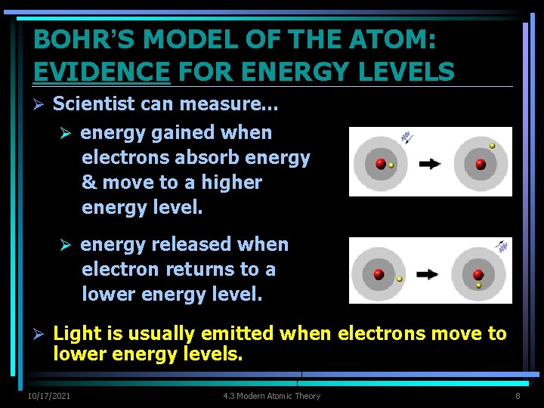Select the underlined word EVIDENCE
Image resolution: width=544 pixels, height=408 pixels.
[101, 71]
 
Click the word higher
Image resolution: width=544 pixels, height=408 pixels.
[226, 183]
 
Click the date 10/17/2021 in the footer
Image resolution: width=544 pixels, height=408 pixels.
[49, 396]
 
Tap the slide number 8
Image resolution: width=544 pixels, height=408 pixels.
[518, 396]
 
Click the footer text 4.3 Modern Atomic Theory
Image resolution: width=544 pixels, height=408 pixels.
[271, 396]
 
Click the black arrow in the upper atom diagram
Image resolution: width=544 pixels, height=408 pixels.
[431, 162]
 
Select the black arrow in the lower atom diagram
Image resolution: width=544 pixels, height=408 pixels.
[428, 274]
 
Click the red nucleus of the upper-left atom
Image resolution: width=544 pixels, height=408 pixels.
[380, 163]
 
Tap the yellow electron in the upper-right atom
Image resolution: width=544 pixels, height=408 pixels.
[493, 145]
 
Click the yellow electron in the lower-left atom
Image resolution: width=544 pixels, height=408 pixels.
[400, 279]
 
